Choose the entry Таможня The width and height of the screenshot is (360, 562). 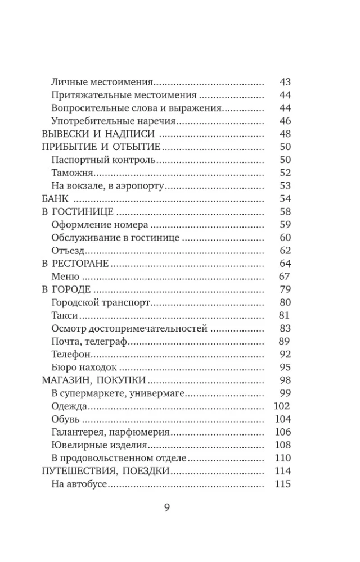click(69, 173)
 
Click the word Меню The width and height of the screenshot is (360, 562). click(65, 277)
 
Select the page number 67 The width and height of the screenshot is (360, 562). click(285, 277)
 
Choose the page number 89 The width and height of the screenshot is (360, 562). click(285, 341)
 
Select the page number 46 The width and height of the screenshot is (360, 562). click(285, 121)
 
